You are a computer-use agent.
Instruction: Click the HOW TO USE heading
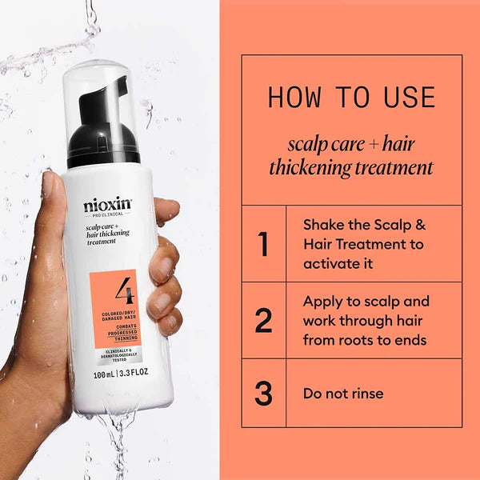coord(351,98)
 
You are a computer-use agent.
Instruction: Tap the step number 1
coord(263,244)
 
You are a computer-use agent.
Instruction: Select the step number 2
coord(263,320)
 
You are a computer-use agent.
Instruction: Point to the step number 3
coord(263,394)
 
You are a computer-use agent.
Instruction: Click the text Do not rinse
coord(342,394)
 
